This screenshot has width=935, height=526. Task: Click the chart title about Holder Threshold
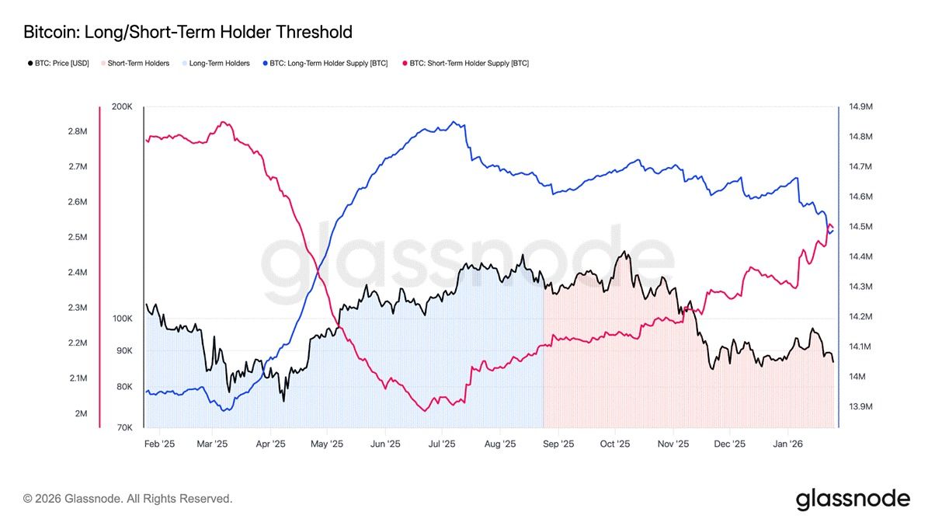pyautogui.click(x=188, y=32)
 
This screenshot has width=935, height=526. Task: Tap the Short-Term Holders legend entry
pyautogui.click(x=137, y=63)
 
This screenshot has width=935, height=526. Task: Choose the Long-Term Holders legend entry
pyautogui.click(x=218, y=63)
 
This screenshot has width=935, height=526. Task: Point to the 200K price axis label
pyautogui.click(x=123, y=106)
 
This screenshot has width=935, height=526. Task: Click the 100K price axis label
pyautogui.click(x=123, y=319)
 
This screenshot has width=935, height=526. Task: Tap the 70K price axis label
pyautogui.click(x=124, y=428)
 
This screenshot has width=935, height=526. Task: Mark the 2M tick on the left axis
pyautogui.click(x=81, y=413)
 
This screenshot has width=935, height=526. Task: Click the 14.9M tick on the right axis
pyautogui.click(x=861, y=106)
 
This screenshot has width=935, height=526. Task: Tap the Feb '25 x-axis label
pyautogui.click(x=160, y=444)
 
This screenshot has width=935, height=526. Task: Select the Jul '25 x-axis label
pyautogui.click(x=442, y=444)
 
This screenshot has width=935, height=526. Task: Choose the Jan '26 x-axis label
pyautogui.click(x=788, y=444)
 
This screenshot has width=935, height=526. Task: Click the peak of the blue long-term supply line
pyautogui.click(x=454, y=122)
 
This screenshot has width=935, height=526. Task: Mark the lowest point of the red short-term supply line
pyautogui.click(x=425, y=410)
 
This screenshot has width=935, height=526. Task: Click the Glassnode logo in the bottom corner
pyautogui.click(x=852, y=499)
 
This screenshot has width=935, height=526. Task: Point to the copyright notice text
pyautogui.click(x=127, y=499)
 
